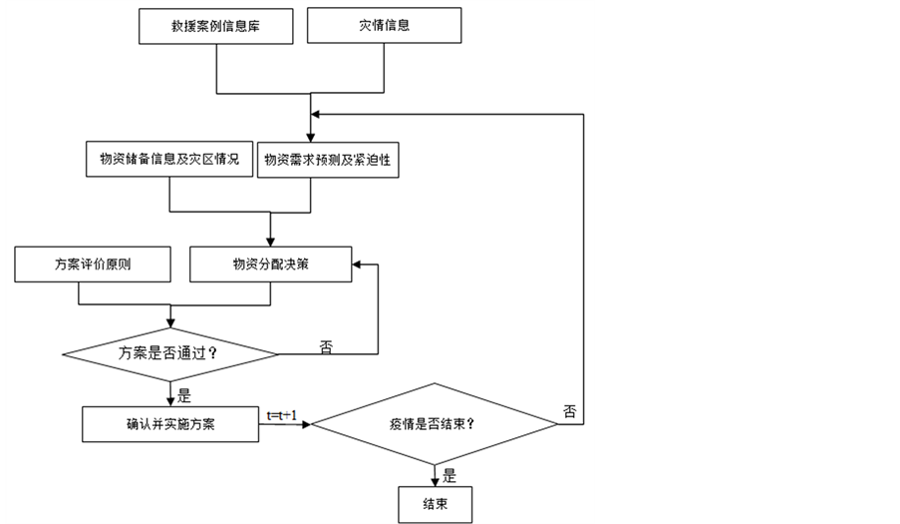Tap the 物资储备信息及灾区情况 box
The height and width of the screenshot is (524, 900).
pyautogui.click(x=169, y=161)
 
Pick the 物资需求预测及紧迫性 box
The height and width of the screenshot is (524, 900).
pyautogui.click(x=328, y=161)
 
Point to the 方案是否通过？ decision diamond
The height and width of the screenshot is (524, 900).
pyautogui.click(x=170, y=352)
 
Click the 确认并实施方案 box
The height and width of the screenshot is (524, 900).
pyautogui.click(x=170, y=423)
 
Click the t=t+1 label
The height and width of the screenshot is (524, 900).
pyautogui.click(x=282, y=414)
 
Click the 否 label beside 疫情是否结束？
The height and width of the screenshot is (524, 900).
pyautogui.click(x=569, y=410)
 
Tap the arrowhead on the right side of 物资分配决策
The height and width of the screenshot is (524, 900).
pyautogui.click(x=356, y=264)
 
